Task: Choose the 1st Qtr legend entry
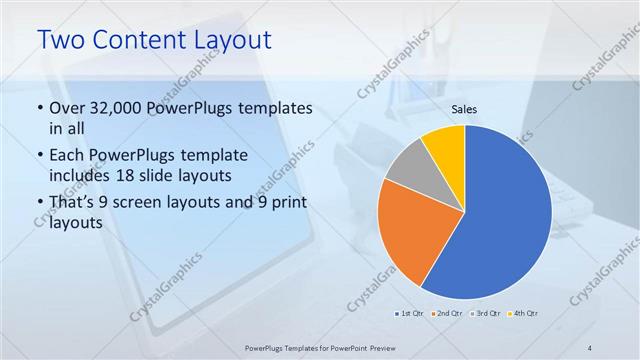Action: (x=410, y=313)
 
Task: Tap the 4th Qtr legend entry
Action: (x=525, y=313)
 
